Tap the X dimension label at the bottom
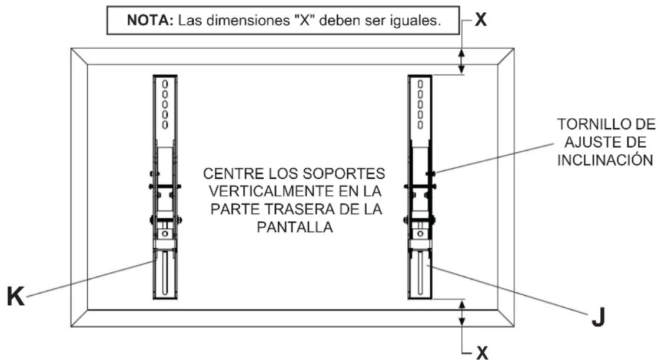coord(482,352)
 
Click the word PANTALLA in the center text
coord(295,227)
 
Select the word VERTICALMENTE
coord(256,192)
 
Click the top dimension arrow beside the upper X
coord(463,61)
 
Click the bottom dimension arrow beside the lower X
coord(463,312)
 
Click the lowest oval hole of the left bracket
coord(165,125)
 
